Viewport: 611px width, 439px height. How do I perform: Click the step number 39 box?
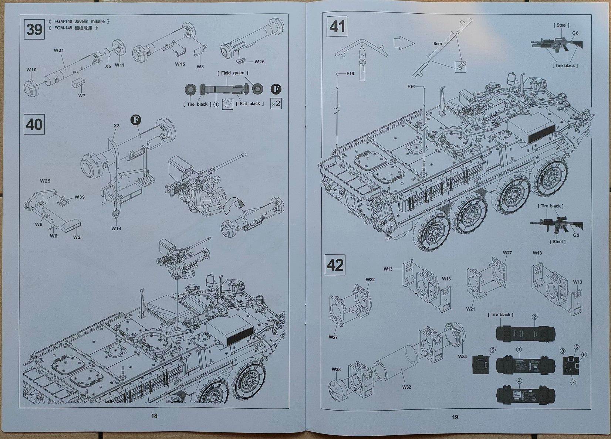(x=34, y=29)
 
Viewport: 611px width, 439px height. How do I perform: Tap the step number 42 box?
(x=335, y=265)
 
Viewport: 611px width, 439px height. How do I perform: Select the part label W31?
(x=59, y=50)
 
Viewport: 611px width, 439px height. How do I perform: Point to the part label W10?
(x=31, y=70)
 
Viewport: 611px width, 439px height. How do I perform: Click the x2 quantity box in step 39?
(x=276, y=104)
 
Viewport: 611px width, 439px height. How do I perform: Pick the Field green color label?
(x=233, y=73)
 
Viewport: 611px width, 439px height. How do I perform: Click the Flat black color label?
(x=250, y=104)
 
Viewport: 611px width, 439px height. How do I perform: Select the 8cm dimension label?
(x=438, y=44)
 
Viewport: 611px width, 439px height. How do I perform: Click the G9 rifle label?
(x=576, y=235)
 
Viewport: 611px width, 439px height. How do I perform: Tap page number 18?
(x=154, y=416)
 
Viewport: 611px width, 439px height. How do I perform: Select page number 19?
(x=455, y=417)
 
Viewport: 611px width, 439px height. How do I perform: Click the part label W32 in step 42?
(x=406, y=387)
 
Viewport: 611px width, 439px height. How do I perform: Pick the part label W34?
(x=462, y=356)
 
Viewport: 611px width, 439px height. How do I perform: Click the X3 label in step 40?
(x=117, y=126)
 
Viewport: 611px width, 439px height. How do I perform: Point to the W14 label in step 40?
(x=116, y=228)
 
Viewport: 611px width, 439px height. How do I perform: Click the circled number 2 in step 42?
(x=534, y=317)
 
